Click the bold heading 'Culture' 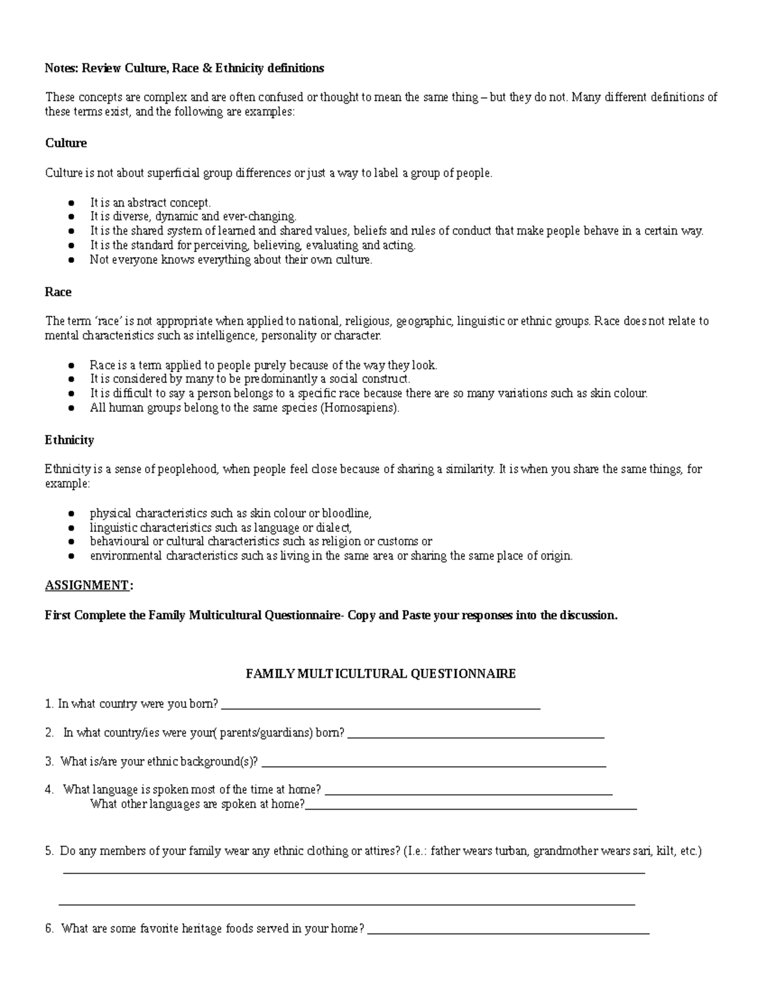click(66, 143)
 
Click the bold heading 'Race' click(58, 292)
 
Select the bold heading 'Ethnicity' click(69, 441)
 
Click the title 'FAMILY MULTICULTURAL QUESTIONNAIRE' click(381, 674)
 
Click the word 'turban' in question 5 click(510, 852)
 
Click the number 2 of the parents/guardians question click(49, 733)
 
